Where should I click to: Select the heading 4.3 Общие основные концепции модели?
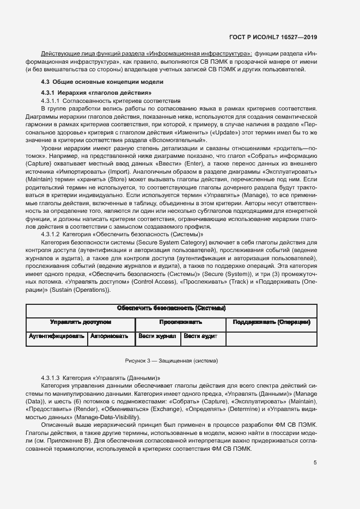(102, 82)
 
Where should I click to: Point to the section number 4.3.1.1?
(51, 101)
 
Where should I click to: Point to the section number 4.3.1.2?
(51, 234)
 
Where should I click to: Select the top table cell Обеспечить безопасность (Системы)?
(172, 309)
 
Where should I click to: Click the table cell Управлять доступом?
(81, 322)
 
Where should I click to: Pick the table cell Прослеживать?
(180, 322)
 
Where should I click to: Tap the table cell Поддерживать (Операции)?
(271, 322)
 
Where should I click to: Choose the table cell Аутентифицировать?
(57, 336)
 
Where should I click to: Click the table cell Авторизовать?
(111, 336)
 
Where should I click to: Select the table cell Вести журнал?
(157, 336)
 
